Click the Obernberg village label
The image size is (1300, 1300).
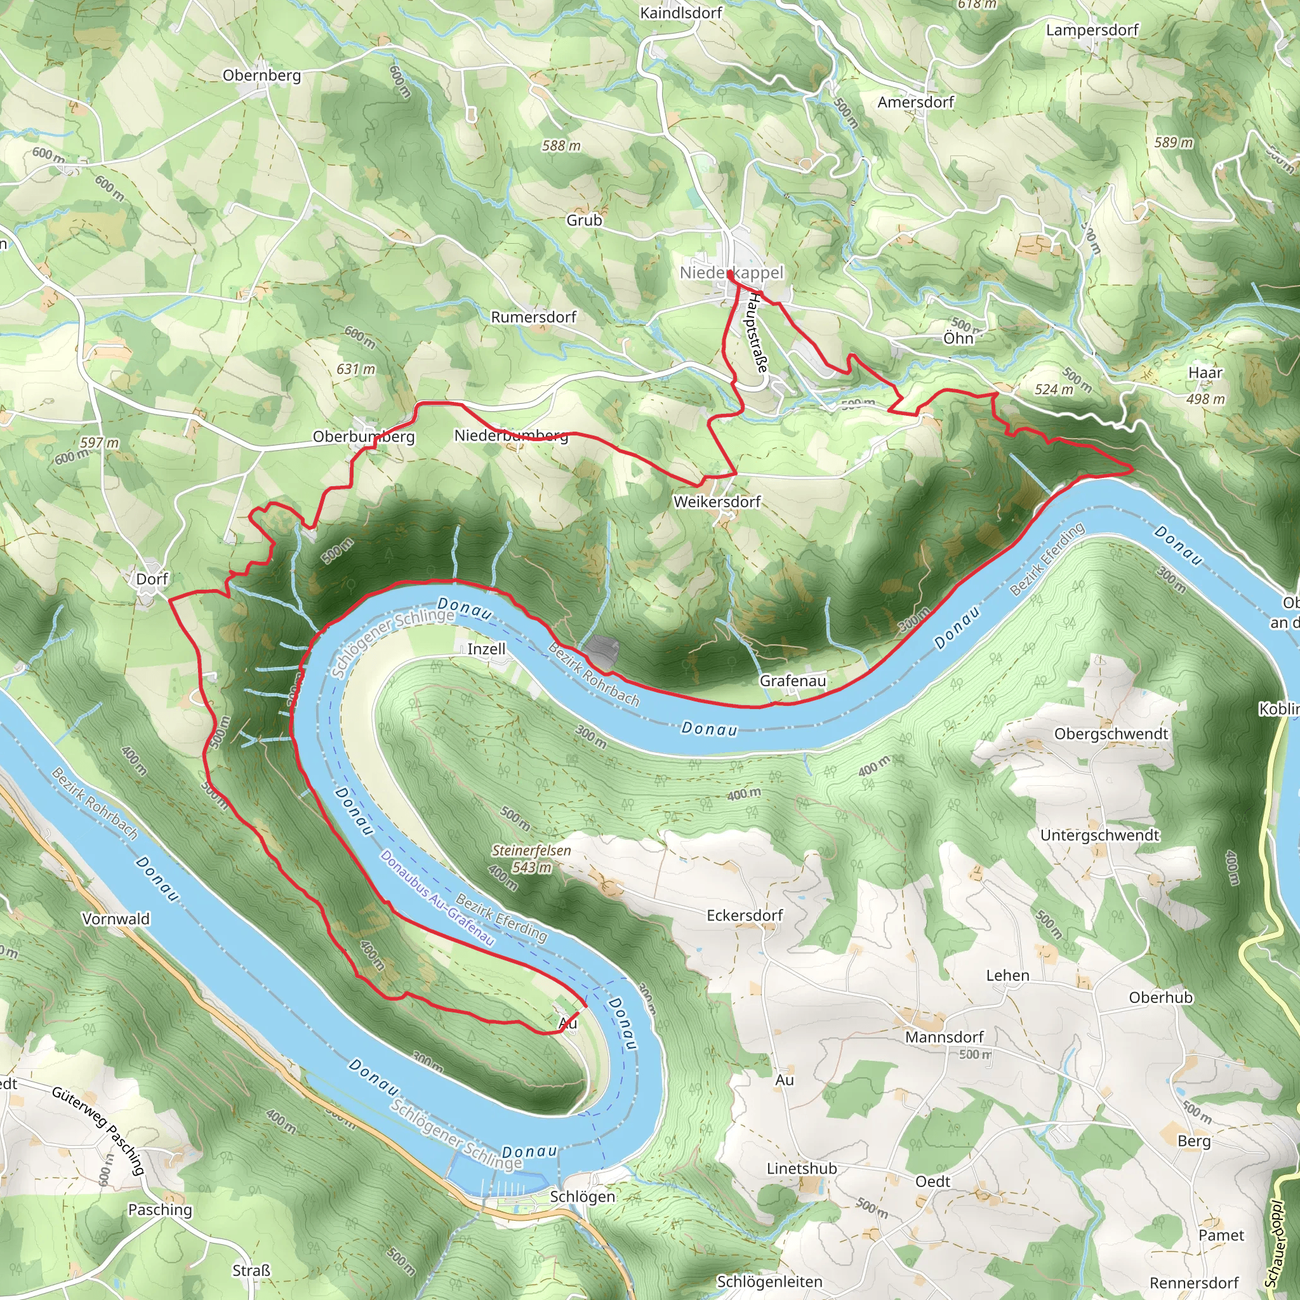click(262, 76)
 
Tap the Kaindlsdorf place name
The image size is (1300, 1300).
click(681, 13)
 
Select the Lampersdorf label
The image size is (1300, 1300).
click(1092, 30)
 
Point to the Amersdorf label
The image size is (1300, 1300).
click(916, 102)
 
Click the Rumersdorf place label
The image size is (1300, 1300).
click(534, 317)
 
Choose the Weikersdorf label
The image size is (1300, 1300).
click(717, 502)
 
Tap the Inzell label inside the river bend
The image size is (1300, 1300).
click(486, 649)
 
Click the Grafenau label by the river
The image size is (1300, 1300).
click(793, 681)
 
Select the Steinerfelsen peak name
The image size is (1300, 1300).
click(531, 851)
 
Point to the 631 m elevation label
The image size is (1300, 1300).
click(356, 369)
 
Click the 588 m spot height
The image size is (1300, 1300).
click(561, 146)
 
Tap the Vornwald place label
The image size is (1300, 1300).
click(116, 919)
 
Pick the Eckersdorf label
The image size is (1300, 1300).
click(745, 916)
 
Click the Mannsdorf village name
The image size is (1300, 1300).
click(944, 1038)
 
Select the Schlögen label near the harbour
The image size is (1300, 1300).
click(583, 1197)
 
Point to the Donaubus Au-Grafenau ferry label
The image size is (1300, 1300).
click(437, 898)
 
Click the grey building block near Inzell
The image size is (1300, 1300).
click(602, 652)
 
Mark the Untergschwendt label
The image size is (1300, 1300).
click(1100, 836)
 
